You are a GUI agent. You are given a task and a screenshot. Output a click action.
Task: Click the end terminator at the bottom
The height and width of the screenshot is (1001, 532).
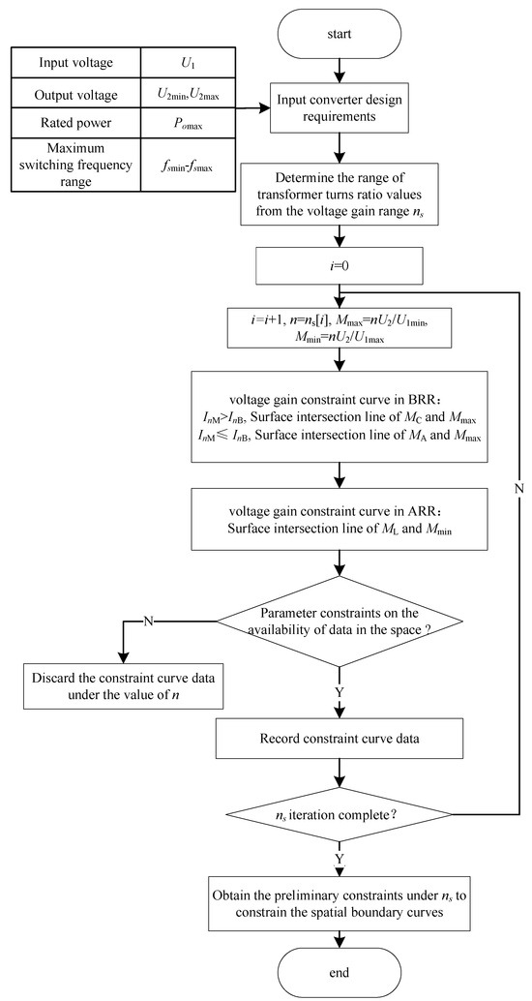coord(338,968)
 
